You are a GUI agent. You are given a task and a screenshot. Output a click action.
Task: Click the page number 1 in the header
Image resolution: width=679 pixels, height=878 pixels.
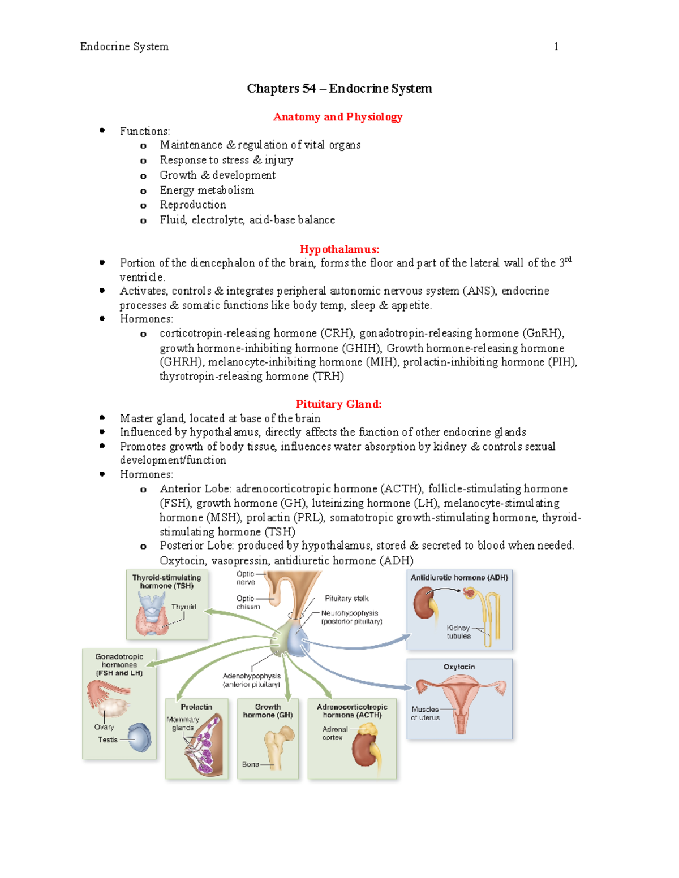(556, 47)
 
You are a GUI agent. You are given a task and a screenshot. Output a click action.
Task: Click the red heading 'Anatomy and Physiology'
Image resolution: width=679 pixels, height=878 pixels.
(337, 117)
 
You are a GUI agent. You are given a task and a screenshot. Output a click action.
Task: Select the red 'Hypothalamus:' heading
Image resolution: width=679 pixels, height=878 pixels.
(339, 249)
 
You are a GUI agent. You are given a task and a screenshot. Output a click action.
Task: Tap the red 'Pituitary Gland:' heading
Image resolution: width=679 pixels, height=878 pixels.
(338, 404)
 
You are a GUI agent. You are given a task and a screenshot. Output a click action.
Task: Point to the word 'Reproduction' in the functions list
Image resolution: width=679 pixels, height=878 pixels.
(192, 205)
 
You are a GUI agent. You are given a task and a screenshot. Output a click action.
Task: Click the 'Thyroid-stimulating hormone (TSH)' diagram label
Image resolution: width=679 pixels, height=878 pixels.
(166, 582)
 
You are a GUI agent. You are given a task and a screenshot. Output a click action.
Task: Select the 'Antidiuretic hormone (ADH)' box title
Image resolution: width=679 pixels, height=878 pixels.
(459, 578)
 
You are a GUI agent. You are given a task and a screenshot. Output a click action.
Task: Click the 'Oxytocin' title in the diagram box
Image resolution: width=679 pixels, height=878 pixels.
(459, 667)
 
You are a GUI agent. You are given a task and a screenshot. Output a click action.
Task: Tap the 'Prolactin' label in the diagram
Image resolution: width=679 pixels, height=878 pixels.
(196, 707)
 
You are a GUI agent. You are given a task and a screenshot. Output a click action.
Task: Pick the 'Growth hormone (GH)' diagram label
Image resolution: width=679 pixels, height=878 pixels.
(268, 711)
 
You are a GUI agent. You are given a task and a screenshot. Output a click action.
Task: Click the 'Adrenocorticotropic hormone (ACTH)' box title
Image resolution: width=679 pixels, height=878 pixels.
(352, 711)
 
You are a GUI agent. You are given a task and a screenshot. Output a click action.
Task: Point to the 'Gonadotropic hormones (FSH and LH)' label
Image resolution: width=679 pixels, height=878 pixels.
(119, 665)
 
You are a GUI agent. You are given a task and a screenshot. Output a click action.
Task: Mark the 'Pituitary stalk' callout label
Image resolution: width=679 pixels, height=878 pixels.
(346, 599)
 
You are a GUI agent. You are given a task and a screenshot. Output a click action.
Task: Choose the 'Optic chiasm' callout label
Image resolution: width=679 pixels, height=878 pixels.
(247, 603)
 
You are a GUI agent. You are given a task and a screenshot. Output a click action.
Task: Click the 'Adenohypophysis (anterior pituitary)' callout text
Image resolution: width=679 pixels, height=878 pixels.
(251, 680)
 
